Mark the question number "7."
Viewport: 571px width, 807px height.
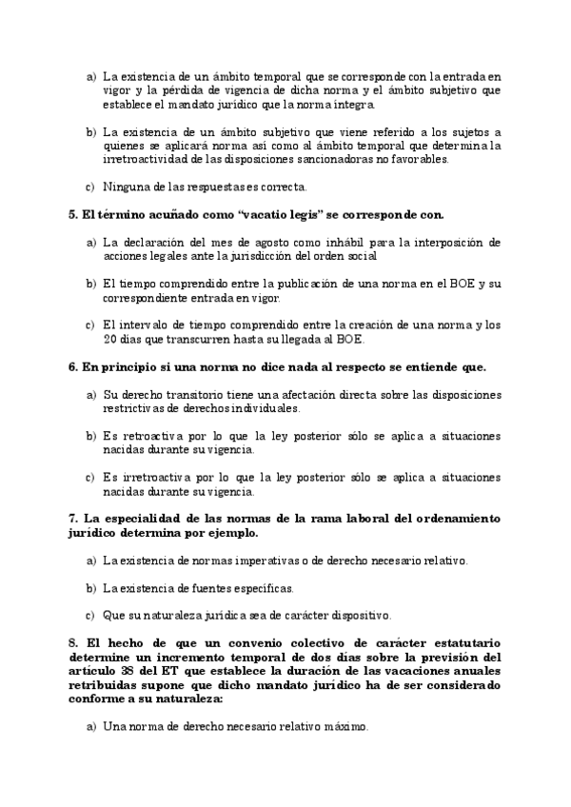point(74,519)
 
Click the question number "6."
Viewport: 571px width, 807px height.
point(74,367)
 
